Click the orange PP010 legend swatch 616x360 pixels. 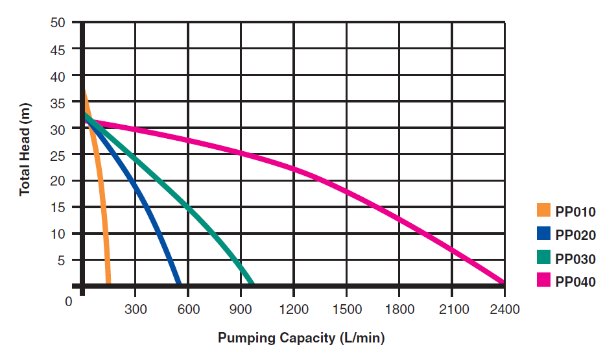pyautogui.click(x=543, y=211)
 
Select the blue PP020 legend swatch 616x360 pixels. pyautogui.click(x=543, y=234)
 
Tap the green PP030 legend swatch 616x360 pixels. pyautogui.click(x=543, y=258)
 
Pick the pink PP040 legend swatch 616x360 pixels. pyautogui.click(x=543, y=281)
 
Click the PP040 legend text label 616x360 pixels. pyautogui.click(x=575, y=282)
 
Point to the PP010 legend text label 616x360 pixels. pyautogui.click(x=575, y=211)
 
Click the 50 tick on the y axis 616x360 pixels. pyautogui.click(x=58, y=22)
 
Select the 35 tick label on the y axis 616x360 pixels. pyautogui.click(x=58, y=102)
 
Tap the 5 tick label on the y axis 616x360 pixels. pyautogui.click(x=62, y=260)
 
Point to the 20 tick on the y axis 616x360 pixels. pyautogui.click(x=58, y=181)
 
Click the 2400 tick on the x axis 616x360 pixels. pyautogui.click(x=505, y=309)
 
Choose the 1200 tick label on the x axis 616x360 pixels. pyautogui.click(x=294, y=309)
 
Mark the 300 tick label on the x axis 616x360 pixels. pyautogui.click(x=135, y=309)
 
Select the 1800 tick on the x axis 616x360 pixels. pyautogui.click(x=399, y=309)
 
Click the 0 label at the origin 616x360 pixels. pyautogui.click(x=68, y=301)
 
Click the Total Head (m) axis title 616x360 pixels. pyautogui.click(x=25, y=149)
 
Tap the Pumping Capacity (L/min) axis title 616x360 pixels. pyautogui.click(x=302, y=337)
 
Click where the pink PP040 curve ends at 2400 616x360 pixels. pyautogui.click(x=503, y=282)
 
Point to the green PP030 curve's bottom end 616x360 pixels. pyautogui.click(x=251, y=282)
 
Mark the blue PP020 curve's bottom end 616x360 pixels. pyautogui.click(x=178, y=282)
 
